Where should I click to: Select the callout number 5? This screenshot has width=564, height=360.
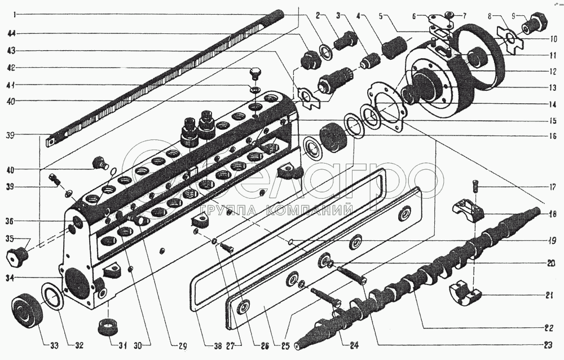[x=384, y=16]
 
